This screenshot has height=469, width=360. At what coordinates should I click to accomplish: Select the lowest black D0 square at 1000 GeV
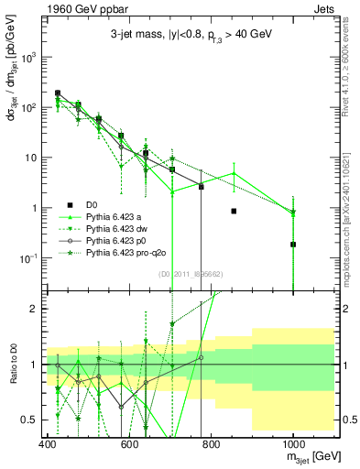point(293,245)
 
